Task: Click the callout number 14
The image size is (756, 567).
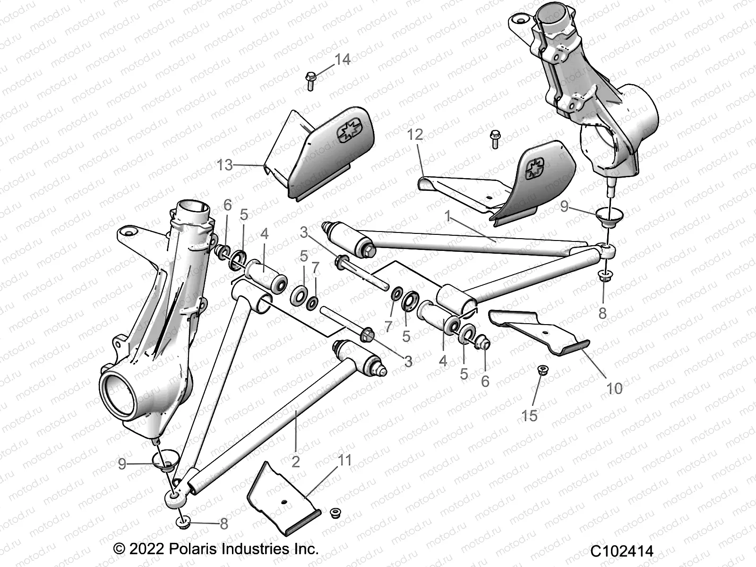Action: (343, 60)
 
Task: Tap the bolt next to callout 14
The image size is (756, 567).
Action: (310, 81)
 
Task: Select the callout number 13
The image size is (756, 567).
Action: (225, 165)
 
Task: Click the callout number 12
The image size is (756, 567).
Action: (415, 135)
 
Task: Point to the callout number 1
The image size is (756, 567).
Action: (447, 217)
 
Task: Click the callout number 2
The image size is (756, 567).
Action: (296, 461)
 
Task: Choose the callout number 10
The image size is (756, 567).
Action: (614, 388)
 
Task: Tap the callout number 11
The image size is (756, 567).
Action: (345, 460)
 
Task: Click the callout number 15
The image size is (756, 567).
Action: (530, 415)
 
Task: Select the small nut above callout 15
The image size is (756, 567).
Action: (542, 370)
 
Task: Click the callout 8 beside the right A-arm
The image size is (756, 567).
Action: (602, 313)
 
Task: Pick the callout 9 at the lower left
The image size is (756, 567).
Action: (122, 464)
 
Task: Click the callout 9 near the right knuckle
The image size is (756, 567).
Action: (565, 206)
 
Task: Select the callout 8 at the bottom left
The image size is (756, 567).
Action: (224, 524)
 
